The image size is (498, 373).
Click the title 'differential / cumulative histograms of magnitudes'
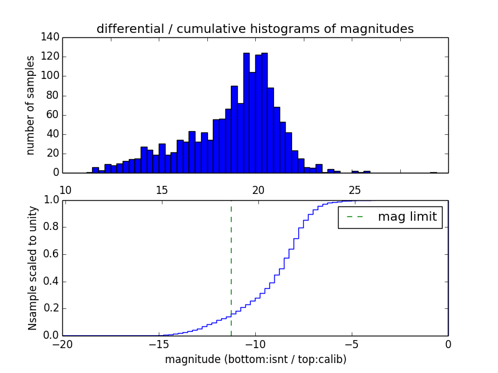point(255,29)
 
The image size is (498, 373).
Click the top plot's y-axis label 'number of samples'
point(31,105)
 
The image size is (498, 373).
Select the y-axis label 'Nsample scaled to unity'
point(32,267)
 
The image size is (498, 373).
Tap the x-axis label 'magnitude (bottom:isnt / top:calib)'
point(255,359)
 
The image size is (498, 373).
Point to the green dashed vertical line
point(231,267)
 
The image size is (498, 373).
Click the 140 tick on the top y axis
point(52,37)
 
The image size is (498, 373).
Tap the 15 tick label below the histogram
point(161,190)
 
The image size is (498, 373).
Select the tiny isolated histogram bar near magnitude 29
point(433,172)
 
